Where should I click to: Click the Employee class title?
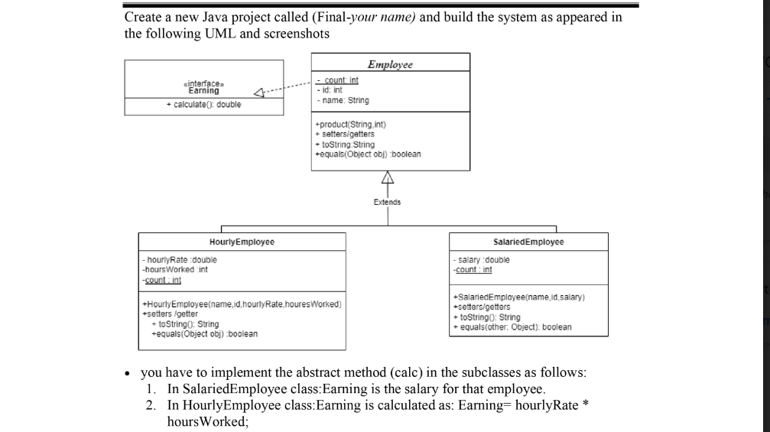[x=390, y=64]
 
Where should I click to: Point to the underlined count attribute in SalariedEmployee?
[x=474, y=269]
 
